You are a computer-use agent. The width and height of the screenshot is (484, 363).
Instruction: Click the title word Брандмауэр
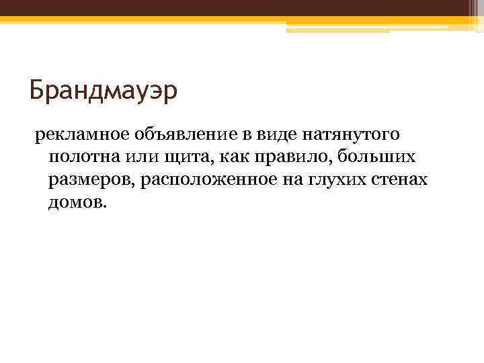pos(104,90)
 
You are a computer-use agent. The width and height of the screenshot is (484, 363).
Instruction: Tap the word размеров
pos(89,180)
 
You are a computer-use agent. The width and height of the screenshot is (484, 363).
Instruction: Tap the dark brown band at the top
pos(242,8)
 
